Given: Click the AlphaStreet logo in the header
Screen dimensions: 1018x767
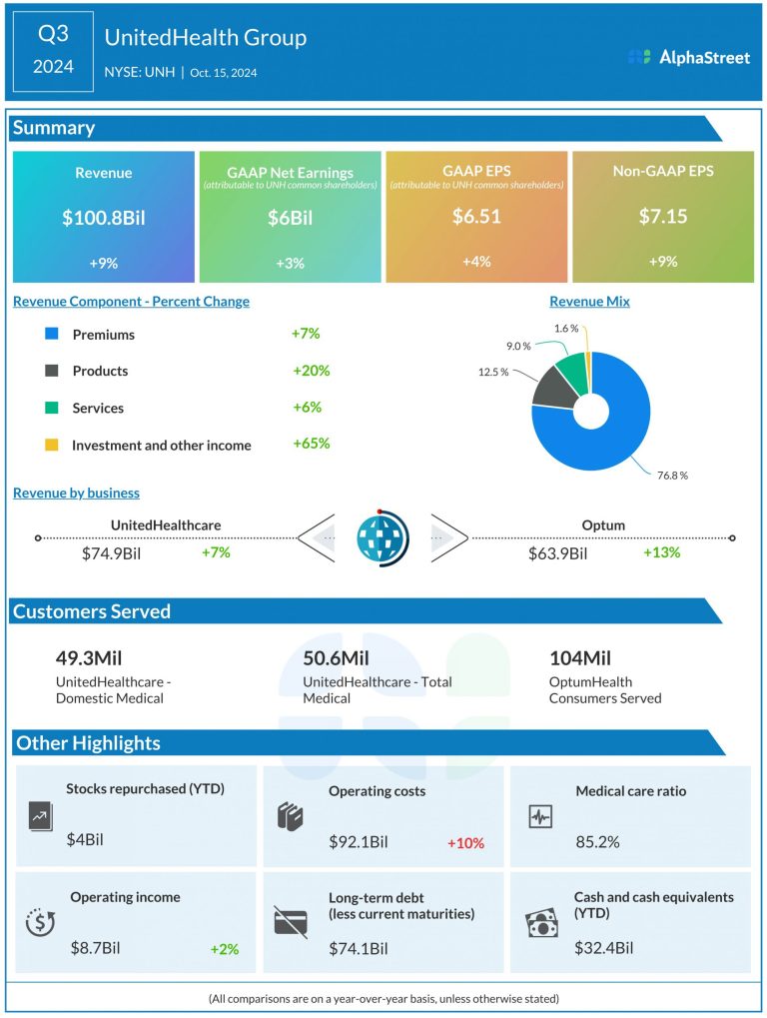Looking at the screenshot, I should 689,57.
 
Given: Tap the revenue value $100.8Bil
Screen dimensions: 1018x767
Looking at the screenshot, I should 104,216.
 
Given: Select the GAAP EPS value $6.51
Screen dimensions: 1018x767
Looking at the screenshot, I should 476,216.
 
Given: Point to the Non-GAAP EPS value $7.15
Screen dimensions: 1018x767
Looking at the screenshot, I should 662,216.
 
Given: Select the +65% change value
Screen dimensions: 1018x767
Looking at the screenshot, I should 311,444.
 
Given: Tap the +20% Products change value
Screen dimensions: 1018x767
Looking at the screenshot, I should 311,371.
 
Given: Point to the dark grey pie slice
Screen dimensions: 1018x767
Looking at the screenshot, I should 552,388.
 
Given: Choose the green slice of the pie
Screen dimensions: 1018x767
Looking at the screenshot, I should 572,368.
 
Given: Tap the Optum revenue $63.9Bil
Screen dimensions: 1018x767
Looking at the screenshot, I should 557,553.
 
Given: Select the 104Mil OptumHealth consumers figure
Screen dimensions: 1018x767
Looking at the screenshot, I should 580,658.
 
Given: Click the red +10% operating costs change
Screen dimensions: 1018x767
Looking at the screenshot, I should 465,843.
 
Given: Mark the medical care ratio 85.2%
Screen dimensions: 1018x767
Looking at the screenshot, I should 597,841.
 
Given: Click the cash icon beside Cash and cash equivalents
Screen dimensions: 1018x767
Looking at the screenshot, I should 541,923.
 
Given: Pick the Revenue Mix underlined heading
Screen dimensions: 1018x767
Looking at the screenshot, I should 589,301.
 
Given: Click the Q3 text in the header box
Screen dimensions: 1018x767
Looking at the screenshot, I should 53,35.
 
